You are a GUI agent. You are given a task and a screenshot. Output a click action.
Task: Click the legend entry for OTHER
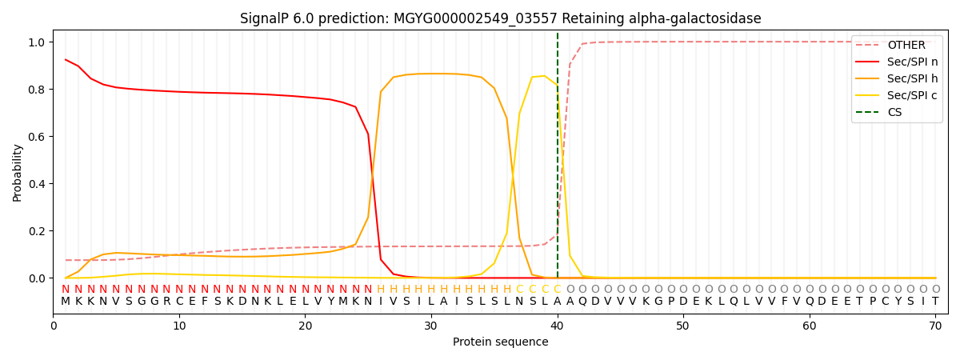click(906, 46)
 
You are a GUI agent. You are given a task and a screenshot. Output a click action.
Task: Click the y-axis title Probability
click(17, 172)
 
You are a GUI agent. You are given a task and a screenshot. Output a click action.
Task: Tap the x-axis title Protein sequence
click(500, 342)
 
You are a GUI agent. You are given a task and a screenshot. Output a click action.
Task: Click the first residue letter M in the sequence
click(66, 302)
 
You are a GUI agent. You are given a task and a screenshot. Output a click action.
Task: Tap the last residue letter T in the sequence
click(935, 302)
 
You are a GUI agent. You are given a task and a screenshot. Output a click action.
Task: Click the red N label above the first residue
click(66, 290)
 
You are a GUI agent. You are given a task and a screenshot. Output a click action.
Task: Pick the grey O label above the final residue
click(935, 290)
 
